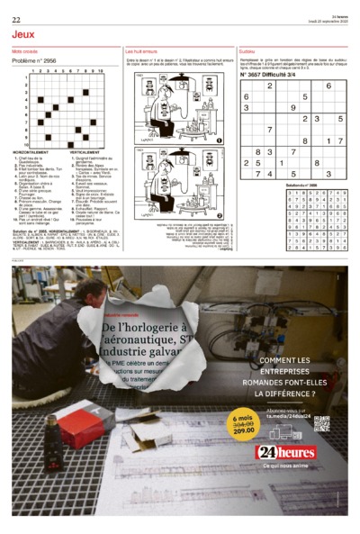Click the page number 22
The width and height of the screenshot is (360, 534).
point(16,19)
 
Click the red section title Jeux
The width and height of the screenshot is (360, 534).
point(24,34)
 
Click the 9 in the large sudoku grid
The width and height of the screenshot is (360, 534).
point(292,107)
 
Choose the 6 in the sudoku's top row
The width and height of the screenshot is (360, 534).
point(328,85)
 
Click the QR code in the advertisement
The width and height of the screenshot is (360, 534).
point(321,422)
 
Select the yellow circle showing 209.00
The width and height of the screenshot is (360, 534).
point(244,425)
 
